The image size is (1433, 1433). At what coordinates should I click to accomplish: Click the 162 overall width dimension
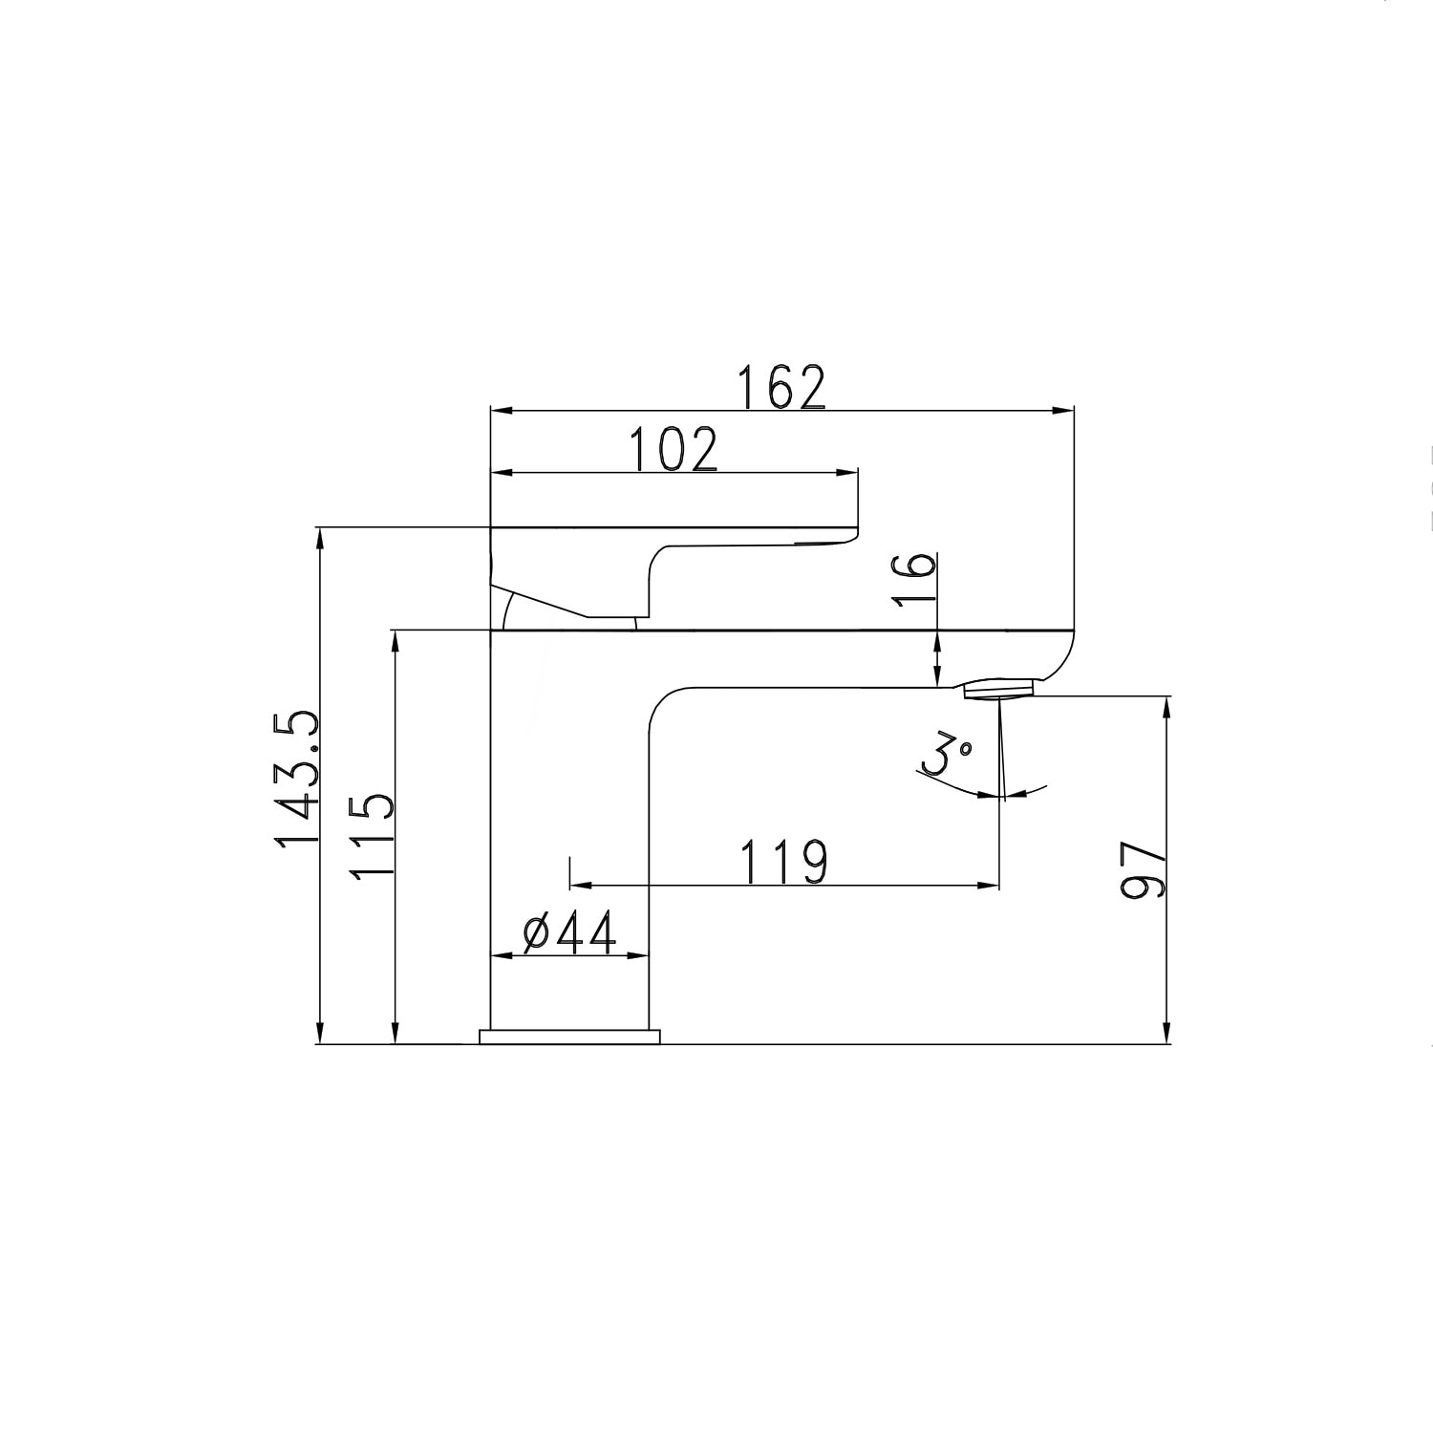tap(781, 387)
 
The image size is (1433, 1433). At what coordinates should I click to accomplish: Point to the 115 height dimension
tap(371, 837)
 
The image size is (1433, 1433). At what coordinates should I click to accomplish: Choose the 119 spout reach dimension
tap(783, 862)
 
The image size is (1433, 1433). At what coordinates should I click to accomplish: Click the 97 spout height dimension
tap(1143, 869)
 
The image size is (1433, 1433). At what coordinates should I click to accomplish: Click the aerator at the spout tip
tap(1000, 689)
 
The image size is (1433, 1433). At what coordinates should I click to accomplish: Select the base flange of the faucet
tap(570, 1037)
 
